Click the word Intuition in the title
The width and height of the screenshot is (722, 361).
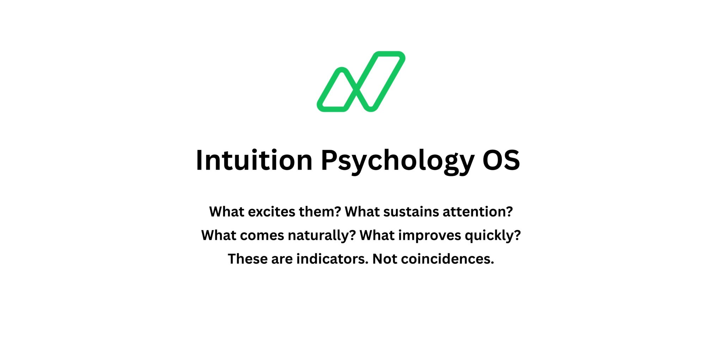254,160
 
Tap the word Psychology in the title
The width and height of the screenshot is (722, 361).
397,161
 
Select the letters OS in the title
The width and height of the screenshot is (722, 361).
501,160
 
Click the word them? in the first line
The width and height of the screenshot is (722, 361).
320,212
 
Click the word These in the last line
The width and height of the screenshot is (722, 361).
247,259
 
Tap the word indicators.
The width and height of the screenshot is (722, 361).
332,259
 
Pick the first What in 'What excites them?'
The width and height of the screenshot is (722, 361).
227,212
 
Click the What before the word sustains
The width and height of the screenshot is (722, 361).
362,212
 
